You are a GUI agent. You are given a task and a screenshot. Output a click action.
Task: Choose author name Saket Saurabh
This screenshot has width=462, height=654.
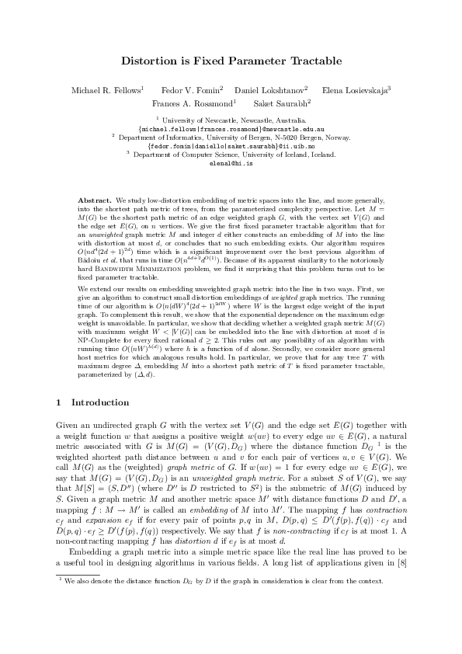tap(281, 103)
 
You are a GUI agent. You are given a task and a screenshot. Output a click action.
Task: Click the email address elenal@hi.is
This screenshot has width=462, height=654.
tap(231, 164)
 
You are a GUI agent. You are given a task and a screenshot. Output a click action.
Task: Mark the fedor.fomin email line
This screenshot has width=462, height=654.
tap(231, 146)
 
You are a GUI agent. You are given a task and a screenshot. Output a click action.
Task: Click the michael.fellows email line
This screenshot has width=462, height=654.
tap(231, 129)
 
